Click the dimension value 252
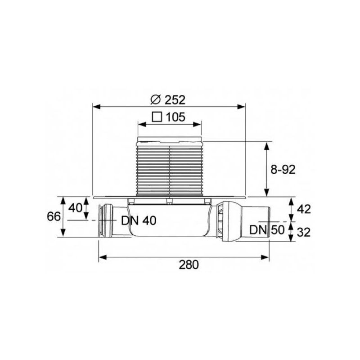(x=175, y=100)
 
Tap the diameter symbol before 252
(x=156, y=100)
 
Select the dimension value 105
(x=175, y=117)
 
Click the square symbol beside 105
(x=157, y=117)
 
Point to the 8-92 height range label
(x=283, y=170)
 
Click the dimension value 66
(x=54, y=216)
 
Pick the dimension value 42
(x=304, y=209)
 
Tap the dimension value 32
(x=304, y=232)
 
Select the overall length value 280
(x=189, y=265)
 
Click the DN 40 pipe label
(x=139, y=220)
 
